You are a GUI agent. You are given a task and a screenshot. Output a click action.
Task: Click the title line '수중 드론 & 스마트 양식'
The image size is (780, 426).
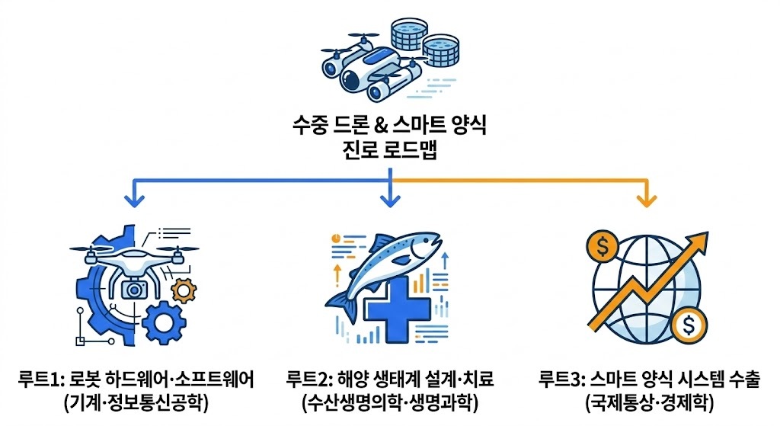coord(389,124)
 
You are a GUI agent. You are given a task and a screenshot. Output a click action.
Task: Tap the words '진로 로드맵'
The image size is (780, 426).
coord(389,149)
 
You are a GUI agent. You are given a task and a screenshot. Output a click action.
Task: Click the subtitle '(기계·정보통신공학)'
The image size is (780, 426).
coord(136,402)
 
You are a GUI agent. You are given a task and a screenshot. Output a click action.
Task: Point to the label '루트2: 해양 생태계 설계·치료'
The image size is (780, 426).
coord(390,379)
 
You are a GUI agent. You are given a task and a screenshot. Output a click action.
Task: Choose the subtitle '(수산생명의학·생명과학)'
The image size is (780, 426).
coord(390,402)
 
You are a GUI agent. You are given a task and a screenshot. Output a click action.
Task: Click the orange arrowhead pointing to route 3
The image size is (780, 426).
coord(647,201)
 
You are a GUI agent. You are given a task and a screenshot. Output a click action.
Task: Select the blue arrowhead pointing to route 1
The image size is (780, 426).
coord(134,201)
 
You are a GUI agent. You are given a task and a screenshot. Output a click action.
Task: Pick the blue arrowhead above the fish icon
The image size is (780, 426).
coord(390,201)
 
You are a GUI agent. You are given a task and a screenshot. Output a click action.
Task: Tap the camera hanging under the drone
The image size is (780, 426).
coord(136,289)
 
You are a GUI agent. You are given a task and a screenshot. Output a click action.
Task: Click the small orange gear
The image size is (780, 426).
coord(184,290)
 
